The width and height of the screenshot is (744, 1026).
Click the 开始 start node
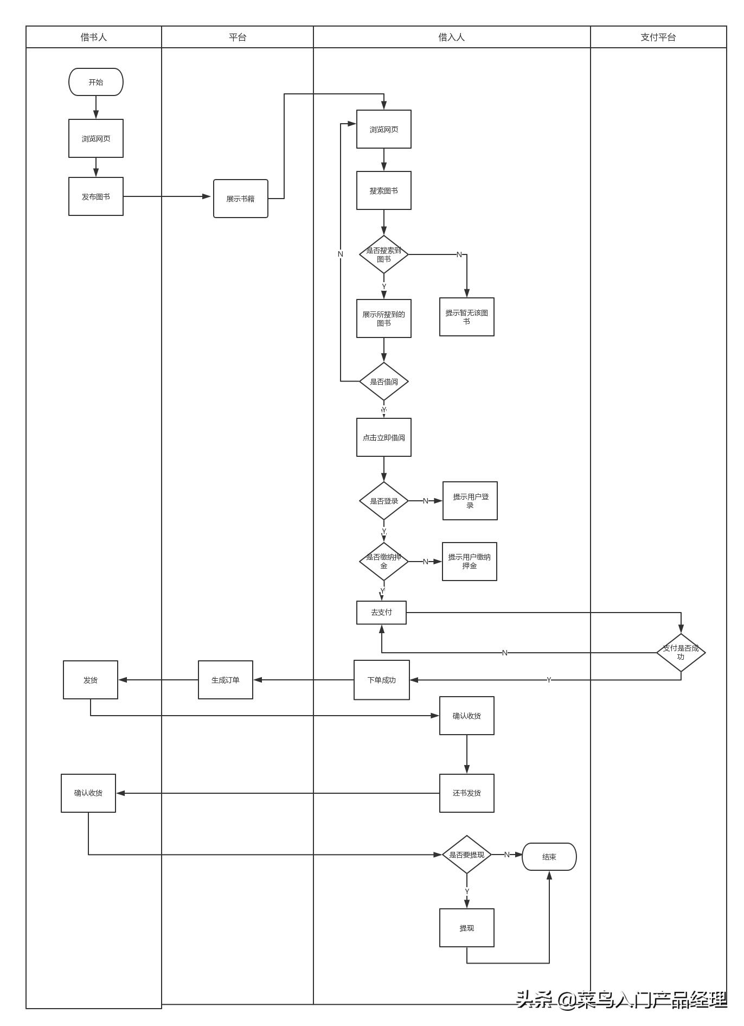tap(96, 82)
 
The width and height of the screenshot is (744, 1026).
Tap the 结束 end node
tap(549, 857)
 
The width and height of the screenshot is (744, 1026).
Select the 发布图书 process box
tap(96, 196)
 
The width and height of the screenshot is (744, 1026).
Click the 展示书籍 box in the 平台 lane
tap(240, 199)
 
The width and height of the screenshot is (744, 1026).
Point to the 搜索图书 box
tap(383, 190)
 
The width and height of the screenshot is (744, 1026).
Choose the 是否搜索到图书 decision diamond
tap(383, 254)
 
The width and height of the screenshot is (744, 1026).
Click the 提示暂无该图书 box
tap(466, 317)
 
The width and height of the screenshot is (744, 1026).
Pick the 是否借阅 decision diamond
tap(383, 381)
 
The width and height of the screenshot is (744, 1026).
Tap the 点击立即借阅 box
tap(383, 437)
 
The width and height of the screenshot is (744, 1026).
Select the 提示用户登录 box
tap(470, 501)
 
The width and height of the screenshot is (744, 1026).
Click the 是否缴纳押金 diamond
tap(383, 561)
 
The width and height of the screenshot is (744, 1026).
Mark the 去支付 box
tap(381, 613)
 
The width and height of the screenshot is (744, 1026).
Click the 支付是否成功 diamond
tap(681, 652)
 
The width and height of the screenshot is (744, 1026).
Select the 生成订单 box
tap(225, 680)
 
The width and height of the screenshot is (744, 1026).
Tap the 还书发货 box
tap(466, 793)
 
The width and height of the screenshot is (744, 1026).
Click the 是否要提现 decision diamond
tap(466, 855)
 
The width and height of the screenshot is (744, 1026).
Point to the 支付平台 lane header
tap(658, 37)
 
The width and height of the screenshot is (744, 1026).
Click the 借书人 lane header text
tap(94, 37)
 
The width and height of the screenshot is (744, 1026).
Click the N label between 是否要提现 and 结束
tap(507, 855)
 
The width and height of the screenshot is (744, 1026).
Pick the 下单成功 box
tap(381, 680)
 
